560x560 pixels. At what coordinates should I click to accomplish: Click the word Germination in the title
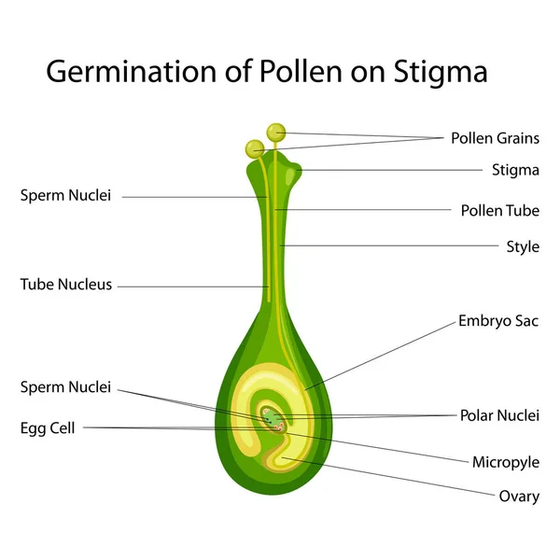pos(132,72)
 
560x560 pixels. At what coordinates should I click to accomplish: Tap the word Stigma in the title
pos(441,72)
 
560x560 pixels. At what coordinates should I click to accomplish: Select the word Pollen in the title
pos(301,71)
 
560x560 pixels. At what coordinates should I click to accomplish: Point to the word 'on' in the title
pos(368,74)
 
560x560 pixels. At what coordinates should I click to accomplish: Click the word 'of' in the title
pos(238,71)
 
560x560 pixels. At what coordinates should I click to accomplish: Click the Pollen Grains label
pos(495,138)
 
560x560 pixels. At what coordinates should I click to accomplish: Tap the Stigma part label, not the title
pos(515,171)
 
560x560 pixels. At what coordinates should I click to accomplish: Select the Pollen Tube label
pos(500,210)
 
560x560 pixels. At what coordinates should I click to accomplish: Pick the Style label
pos(523,246)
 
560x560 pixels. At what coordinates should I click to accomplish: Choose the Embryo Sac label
pos(498,321)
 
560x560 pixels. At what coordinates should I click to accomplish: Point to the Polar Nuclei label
pos(499,415)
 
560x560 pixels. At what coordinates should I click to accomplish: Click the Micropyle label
pos(506,463)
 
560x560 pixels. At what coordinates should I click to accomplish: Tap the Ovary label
pos(519,497)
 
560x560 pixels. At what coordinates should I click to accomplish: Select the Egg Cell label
pos(48,428)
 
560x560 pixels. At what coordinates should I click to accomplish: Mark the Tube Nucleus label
pos(66,285)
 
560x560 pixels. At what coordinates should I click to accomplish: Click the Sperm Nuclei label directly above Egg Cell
pos(65,387)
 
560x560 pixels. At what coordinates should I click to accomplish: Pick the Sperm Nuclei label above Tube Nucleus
pos(65,195)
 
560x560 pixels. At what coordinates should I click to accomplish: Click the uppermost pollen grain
pos(276,133)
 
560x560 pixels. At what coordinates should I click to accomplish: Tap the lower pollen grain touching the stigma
pos(255,148)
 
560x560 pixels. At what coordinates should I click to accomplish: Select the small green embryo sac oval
pos(273,418)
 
